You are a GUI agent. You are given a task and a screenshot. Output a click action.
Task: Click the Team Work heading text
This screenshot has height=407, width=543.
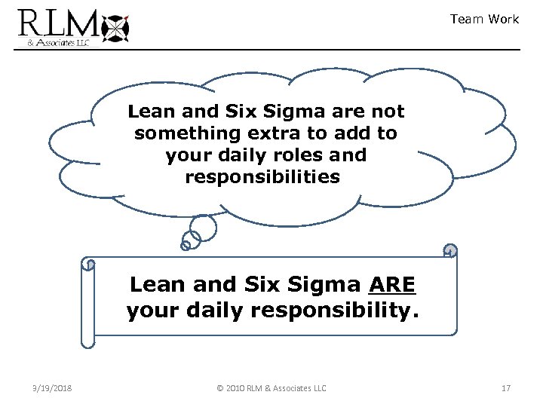(x=484, y=19)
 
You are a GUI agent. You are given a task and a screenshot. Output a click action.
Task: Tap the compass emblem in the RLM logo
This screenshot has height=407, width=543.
(x=115, y=28)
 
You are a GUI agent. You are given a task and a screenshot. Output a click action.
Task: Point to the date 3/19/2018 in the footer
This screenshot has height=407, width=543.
(x=53, y=388)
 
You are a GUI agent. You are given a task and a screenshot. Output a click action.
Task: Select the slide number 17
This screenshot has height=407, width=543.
(x=505, y=388)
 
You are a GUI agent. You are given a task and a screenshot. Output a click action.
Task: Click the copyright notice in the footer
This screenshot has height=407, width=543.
(x=271, y=388)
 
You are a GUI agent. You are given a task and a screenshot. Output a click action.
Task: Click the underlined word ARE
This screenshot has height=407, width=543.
(x=392, y=285)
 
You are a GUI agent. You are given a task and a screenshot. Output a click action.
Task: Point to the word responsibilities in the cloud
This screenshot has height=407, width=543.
(x=262, y=177)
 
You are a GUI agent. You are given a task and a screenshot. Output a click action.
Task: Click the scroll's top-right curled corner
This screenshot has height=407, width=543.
(x=450, y=251)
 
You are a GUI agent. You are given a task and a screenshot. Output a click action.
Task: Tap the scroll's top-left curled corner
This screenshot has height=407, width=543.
(x=89, y=265)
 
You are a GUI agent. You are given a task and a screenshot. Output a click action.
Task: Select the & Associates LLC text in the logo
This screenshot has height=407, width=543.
(x=59, y=43)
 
